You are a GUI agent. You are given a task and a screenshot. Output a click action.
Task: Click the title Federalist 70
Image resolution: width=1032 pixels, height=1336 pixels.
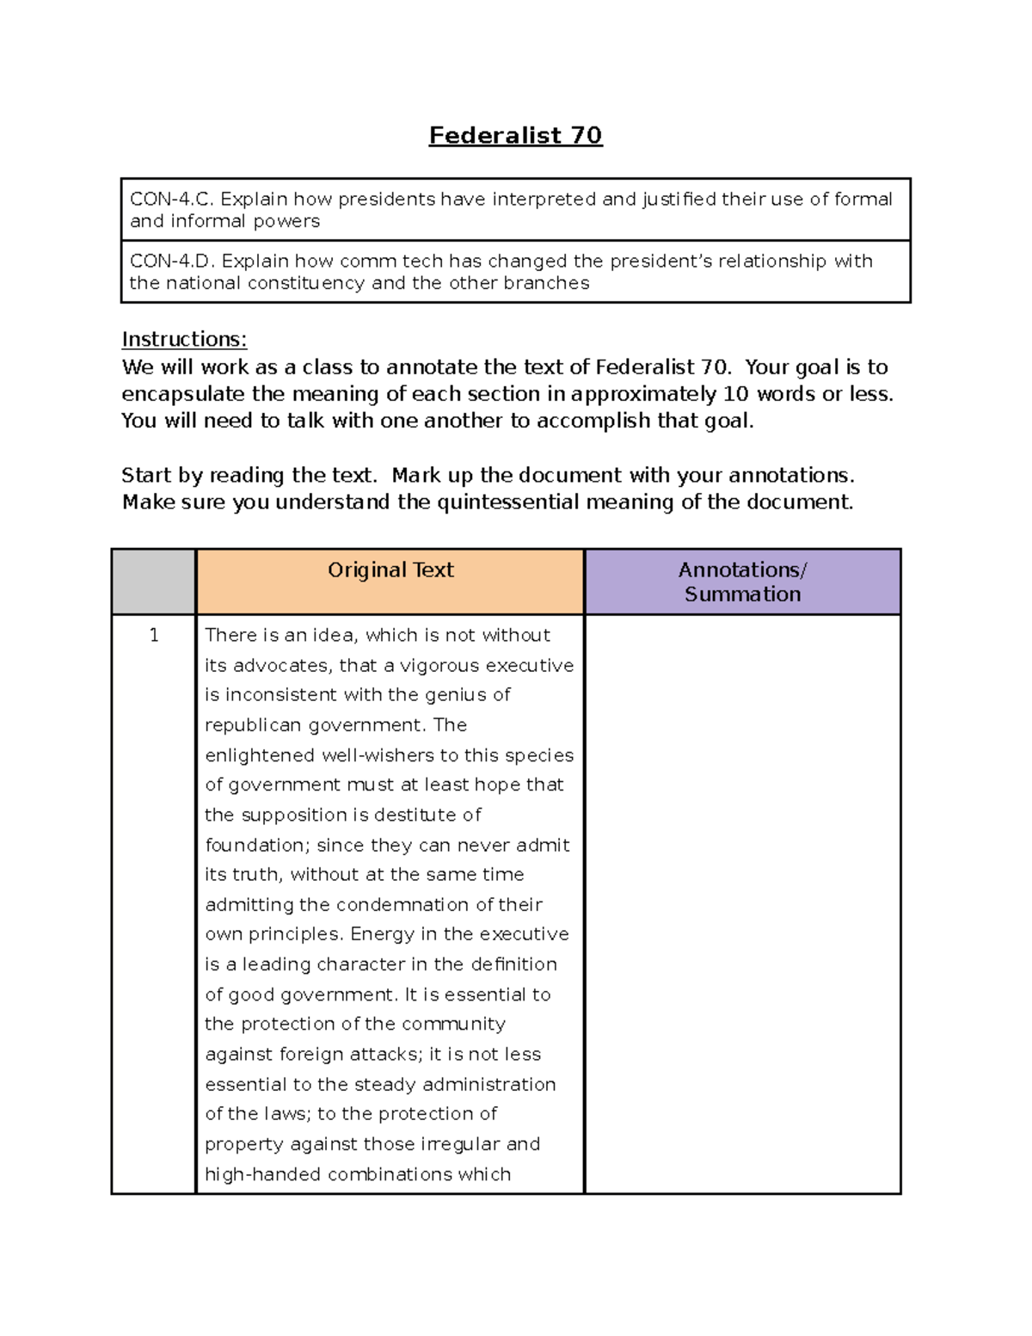pos(515,135)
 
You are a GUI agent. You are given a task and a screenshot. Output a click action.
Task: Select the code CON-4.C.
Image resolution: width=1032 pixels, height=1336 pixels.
pos(171,200)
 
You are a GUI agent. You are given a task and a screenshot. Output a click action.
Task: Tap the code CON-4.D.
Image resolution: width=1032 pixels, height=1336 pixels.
pos(172,262)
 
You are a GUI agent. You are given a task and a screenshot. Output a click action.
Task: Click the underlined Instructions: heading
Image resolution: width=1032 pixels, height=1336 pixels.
pos(184,340)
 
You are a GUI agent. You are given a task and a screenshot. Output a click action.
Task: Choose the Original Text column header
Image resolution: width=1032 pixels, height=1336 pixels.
pos(390,570)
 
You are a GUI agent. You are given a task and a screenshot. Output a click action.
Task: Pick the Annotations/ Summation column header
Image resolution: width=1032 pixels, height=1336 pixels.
pos(742,582)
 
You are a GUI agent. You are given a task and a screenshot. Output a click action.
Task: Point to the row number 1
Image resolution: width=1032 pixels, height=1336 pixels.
pos(154,636)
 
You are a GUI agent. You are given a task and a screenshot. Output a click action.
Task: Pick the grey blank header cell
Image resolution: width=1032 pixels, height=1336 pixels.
pos(154,582)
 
